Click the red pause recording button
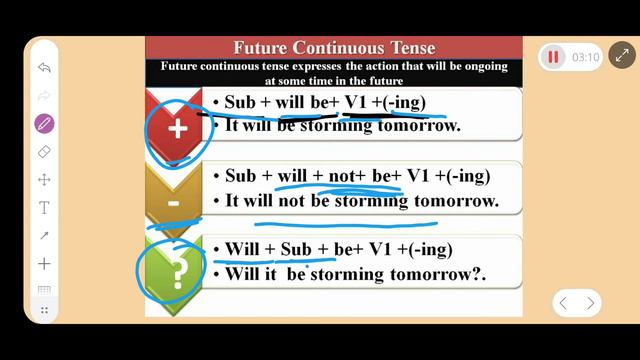pos(553,57)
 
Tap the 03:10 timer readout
pos(585,58)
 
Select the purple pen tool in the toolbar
pos(44,124)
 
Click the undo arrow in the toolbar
pos(44,68)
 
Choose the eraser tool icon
pos(44,152)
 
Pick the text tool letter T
pos(44,208)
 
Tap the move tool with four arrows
pos(44,180)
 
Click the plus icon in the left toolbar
pos(44,264)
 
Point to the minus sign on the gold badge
pos(173,204)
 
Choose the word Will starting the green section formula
pos(242,249)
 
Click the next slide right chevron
pos(591,303)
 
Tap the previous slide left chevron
pos(563,303)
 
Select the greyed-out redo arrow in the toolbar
pos(44,96)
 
